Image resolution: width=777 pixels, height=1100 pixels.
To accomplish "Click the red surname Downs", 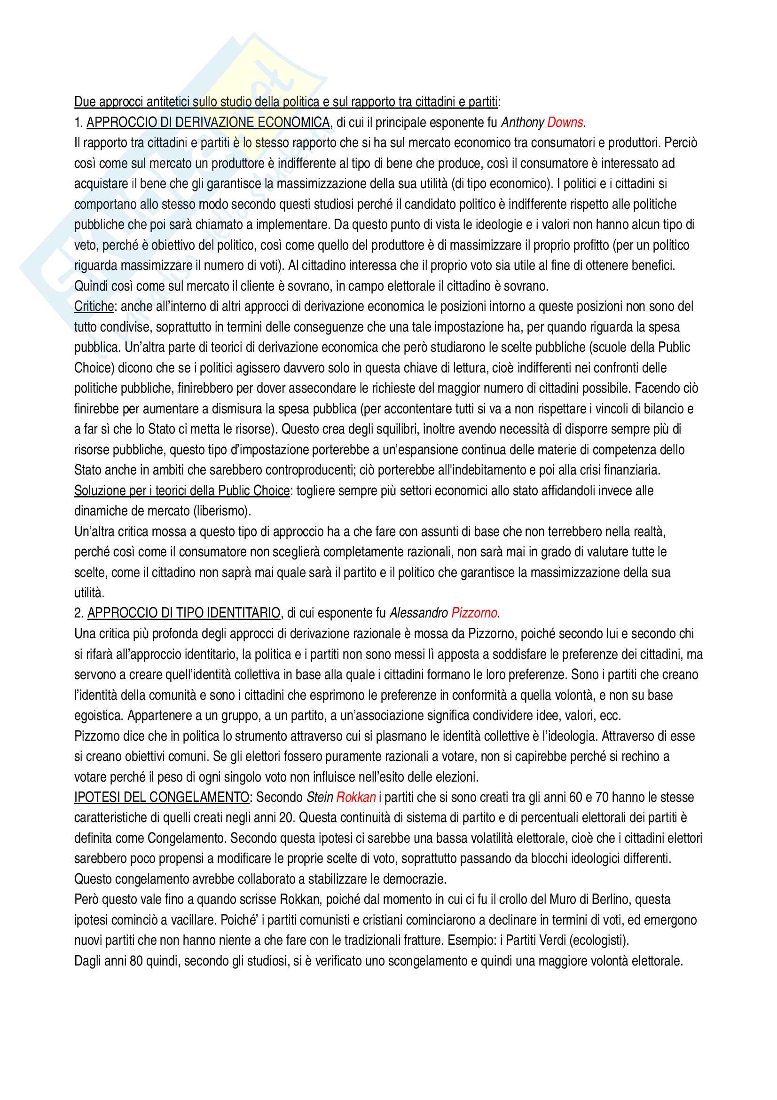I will tap(565, 123).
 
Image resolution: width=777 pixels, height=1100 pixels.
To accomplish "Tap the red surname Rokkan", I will tap(356, 797).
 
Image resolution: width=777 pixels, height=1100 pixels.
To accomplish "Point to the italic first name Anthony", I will tap(522, 123).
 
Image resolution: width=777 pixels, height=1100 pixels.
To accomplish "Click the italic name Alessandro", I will tap(418, 613).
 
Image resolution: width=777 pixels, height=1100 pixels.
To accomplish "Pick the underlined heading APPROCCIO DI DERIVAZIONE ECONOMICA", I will tap(208, 123).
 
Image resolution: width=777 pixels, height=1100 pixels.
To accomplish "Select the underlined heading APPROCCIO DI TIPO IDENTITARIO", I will tap(184, 613).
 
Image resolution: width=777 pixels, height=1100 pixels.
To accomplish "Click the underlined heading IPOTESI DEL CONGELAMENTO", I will tap(162, 797).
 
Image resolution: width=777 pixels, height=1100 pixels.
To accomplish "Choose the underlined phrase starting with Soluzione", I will tap(182, 491).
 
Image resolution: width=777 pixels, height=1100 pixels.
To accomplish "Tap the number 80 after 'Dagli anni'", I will tap(136, 961).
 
